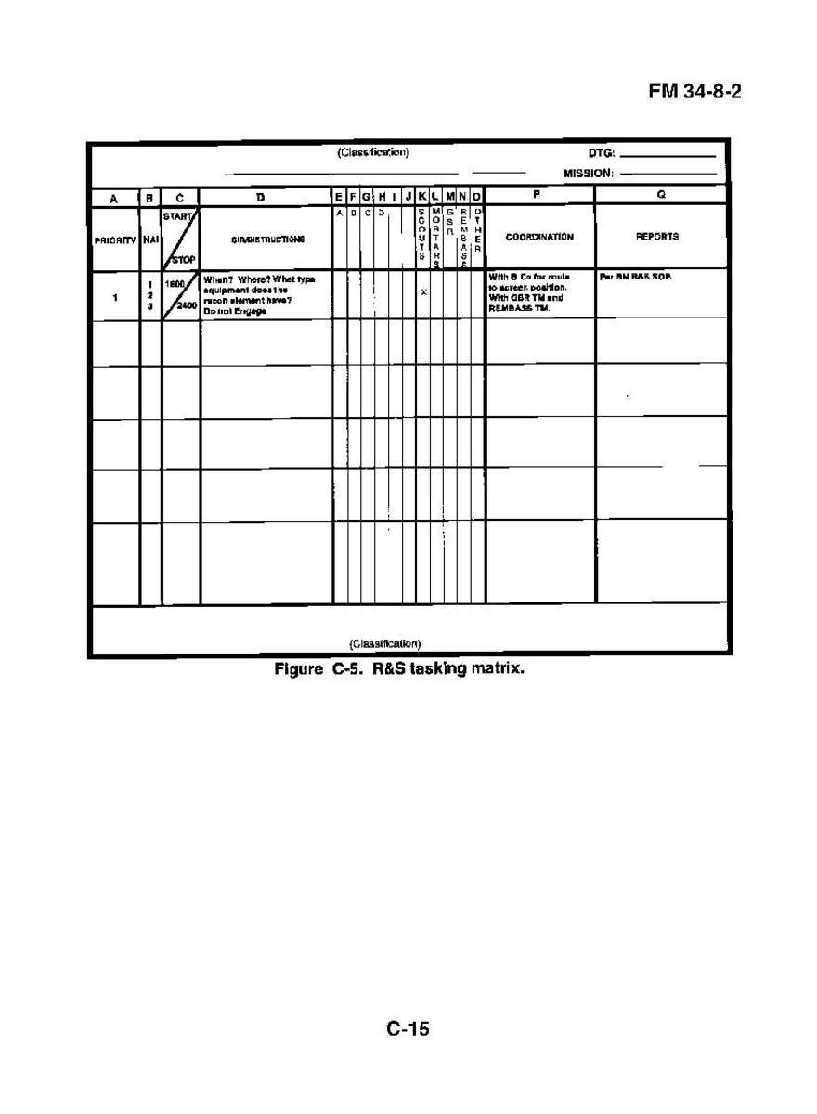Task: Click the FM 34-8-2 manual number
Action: pyautogui.click(x=695, y=95)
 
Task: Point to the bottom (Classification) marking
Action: pyautogui.click(x=384, y=643)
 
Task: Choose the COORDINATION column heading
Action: pyautogui.click(x=539, y=237)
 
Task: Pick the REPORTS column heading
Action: pyautogui.click(x=660, y=237)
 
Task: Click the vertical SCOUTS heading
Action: pyautogui.click(x=422, y=239)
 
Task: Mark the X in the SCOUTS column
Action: pyautogui.click(x=423, y=292)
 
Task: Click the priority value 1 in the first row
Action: pyautogui.click(x=115, y=298)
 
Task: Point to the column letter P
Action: pyautogui.click(x=538, y=196)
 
